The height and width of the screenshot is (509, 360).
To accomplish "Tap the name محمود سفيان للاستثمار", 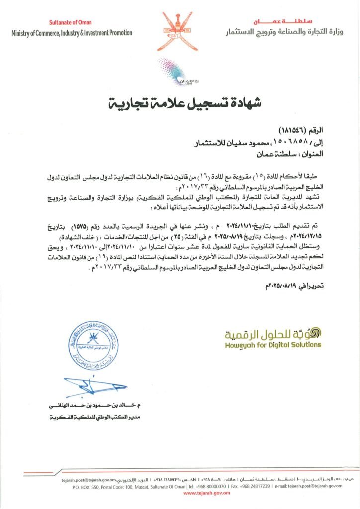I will pos(236,144).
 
